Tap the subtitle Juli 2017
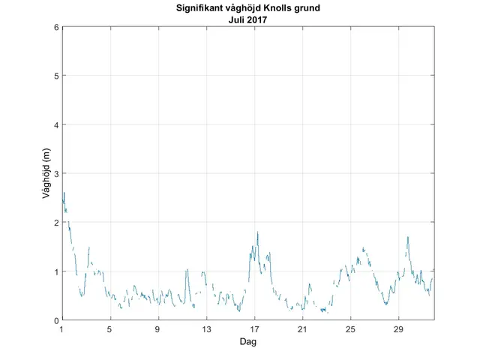click(x=247, y=20)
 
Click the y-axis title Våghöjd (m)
click(x=46, y=173)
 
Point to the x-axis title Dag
click(x=247, y=341)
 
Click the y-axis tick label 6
click(x=55, y=27)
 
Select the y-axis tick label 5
click(x=55, y=76)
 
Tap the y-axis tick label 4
click(x=55, y=124)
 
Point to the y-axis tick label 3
click(x=55, y=173)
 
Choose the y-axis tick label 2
click(x=55, y=223)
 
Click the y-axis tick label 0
click(x=55, y=320)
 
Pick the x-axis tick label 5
click(x=109, y=329)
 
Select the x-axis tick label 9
click(x=158, y=329)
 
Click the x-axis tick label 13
click(x=206, y=329)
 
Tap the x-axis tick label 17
click(x=255, y=329)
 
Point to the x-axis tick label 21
click(x=303, y=329)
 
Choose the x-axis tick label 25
click(x=351, y=329)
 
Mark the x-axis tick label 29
click(x=399, y=329)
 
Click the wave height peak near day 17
click(x=257, y=232)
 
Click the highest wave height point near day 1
click(x=64, y=193)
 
